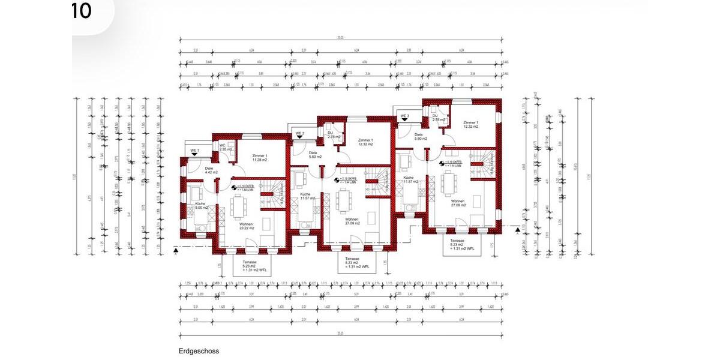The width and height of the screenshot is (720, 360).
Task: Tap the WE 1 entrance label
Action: (x=194, y=149)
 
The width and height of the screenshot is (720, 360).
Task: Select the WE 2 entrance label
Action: (x=299, y=133)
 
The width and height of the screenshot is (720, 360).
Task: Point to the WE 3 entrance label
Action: (x=405, y=116)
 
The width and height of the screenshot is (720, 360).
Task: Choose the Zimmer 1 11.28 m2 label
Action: (x=260, y=158)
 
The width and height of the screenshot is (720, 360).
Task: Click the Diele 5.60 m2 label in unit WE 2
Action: (x=315, y=155)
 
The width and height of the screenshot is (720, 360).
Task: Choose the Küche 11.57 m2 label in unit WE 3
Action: (x=410, y=180)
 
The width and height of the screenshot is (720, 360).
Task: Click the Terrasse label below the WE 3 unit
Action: (x=463, y=246)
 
